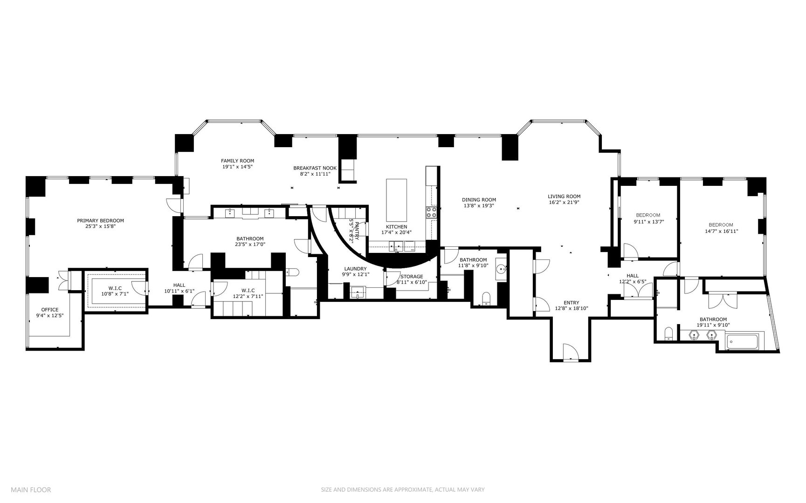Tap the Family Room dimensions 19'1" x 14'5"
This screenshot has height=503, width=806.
tap(237, 166)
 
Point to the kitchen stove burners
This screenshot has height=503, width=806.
tap(431, 212)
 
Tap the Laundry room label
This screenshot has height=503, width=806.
tap(355, 269)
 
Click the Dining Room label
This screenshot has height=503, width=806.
tap(479, 199)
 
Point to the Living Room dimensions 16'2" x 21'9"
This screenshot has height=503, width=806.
tap(564, 202)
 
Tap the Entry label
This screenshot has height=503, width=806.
tap(571, 302)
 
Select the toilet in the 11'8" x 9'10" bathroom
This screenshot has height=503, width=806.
tap(486, 298)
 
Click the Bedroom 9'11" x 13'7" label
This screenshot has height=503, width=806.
tap(648, 215)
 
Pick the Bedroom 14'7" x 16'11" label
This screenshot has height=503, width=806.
tap(721, 224)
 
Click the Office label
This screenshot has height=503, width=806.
tap(50, 309)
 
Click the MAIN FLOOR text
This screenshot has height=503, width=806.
tap(31, 489)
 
